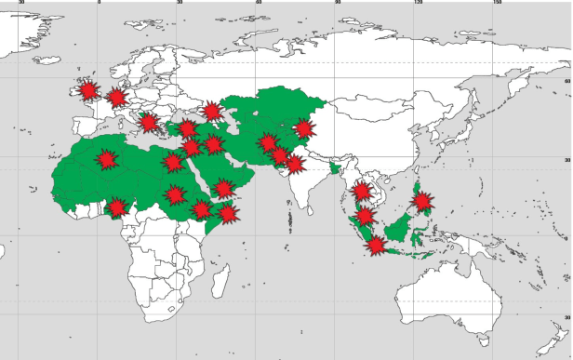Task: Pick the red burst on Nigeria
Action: click(x=117, y=207)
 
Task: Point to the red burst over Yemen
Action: click(x=223, y=189)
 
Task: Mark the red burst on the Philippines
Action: click(x=422, y=201)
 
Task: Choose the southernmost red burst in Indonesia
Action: click(x=376, y=245)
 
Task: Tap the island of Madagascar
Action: click(x=222, y=277)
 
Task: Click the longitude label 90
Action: click(x=338, y=4)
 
